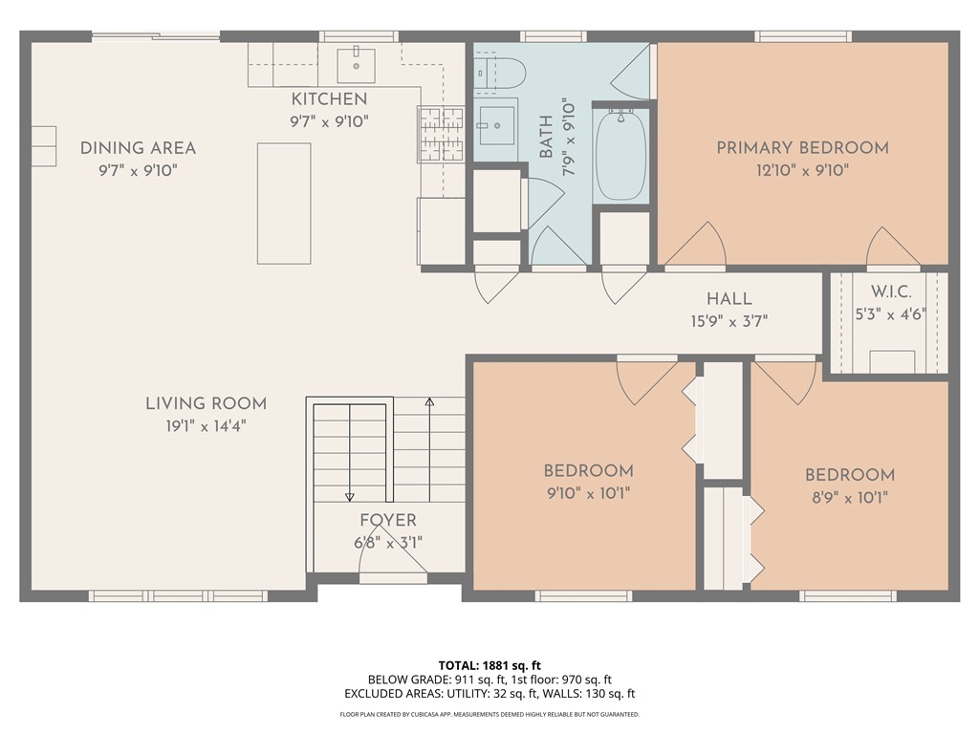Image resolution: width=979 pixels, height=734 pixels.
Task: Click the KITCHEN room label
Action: pos(329,98)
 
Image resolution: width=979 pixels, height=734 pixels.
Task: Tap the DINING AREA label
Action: pos(138,148)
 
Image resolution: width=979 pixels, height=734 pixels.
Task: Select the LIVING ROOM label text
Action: pos(207,403)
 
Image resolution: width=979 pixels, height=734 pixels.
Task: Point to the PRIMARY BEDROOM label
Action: pos(802,148)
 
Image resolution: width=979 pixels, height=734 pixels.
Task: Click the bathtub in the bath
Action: pos(620,156)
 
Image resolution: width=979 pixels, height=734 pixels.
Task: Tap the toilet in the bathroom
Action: pos(499,74)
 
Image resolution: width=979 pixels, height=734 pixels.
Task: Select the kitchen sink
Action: pos(356,65)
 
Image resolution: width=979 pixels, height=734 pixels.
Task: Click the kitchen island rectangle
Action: pos(284,204)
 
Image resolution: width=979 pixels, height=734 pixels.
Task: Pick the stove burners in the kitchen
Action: pos(442,134)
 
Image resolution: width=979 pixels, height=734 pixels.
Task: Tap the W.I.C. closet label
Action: pos(891,291)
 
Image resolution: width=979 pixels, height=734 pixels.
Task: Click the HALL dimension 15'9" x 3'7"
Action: pos(729,321)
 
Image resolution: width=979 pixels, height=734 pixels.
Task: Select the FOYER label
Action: pos(388,520)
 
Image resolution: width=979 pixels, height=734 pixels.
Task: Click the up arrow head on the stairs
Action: pos(429,402)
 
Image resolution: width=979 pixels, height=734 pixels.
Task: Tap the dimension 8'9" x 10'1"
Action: pos(850,497)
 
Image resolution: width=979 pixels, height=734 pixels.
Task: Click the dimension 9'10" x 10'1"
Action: pos(588,493)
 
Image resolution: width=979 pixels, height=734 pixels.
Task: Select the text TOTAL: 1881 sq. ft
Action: pos(489,665)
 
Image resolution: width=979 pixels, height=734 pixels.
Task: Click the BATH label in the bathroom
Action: pos(546,137)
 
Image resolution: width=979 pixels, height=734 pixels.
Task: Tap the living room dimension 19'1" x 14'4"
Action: pos(206,426)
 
